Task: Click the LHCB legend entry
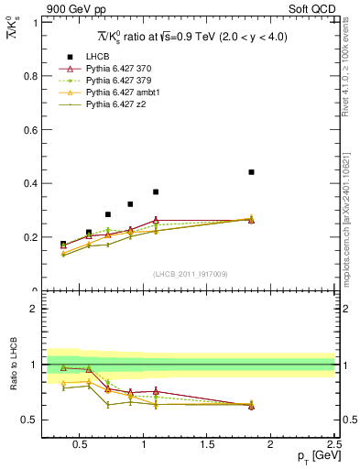[98, 56]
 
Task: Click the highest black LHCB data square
[251, 172]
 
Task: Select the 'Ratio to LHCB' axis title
[13, 365]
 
